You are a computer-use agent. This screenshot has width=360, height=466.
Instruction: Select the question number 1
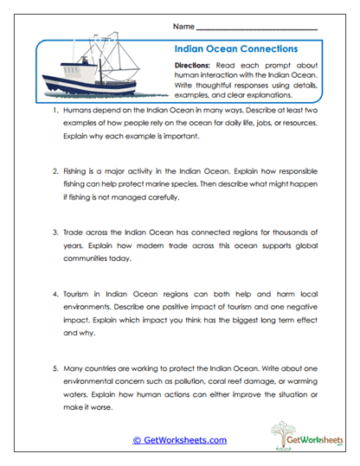(x=55, y=112)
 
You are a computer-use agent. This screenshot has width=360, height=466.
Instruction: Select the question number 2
(x=55, y=172)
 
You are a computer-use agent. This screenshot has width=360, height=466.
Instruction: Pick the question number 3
(x=55, y=233)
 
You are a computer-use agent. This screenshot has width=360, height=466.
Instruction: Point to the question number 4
(x=55, y=293)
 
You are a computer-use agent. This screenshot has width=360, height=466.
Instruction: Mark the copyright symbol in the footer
(x=137, y=440)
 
